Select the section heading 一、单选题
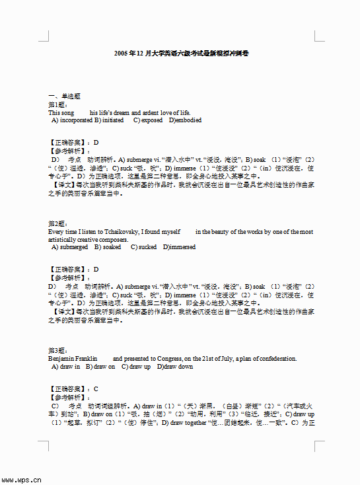point(64,96)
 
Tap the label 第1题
point(58,104)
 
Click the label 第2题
point(58,223)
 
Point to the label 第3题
point(58,350)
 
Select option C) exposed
point(147,120)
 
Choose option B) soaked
point(108,247)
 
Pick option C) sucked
point(143,247)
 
